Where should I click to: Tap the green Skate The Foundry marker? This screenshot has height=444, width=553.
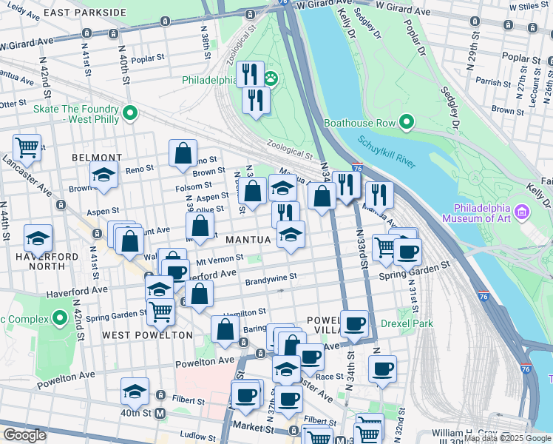(131, 113)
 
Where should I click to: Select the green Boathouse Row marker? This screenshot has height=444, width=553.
(407, 122)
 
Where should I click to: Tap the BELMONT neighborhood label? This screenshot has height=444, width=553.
(97, 158)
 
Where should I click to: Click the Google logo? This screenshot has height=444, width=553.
(24, 434)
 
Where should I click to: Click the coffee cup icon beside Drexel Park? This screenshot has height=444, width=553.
(355, 323)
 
